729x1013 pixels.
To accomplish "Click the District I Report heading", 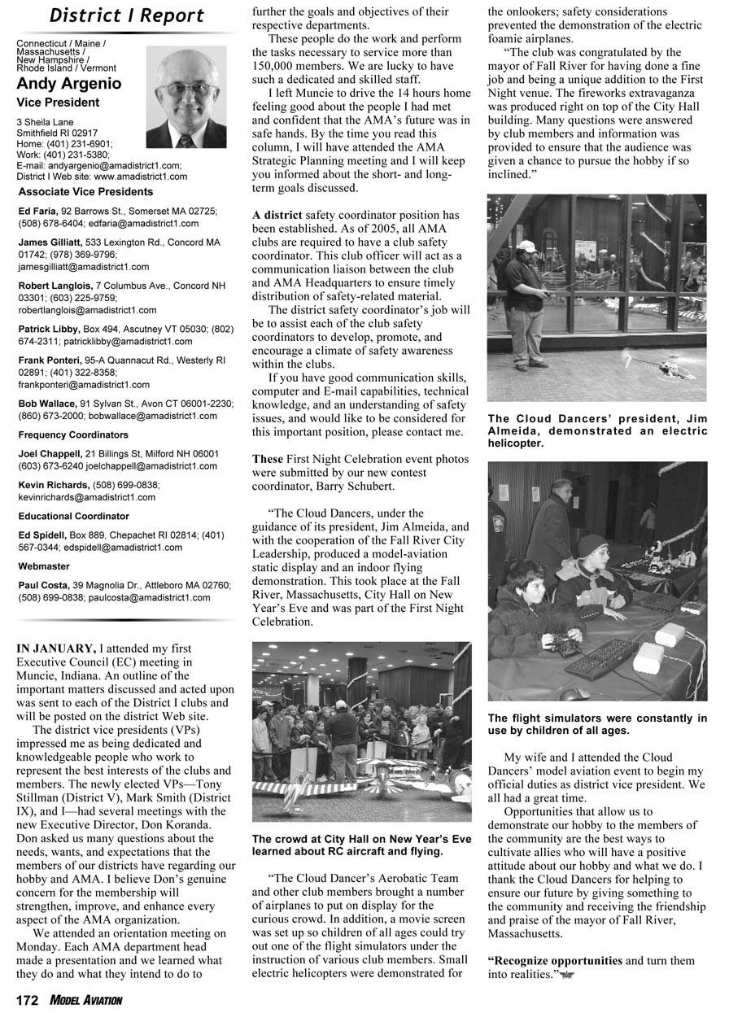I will coord(126,15).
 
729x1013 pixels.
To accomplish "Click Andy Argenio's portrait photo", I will coord(186,96).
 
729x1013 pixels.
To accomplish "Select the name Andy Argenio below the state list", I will coord(69,84).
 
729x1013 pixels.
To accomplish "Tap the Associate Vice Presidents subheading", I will coord(85,192).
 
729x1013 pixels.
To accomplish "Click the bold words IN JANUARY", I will coord(55,648).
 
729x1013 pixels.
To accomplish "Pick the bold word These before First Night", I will coord(268,459).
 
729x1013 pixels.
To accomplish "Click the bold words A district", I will coord(277,215).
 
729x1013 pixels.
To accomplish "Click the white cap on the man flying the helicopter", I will coord(526,246).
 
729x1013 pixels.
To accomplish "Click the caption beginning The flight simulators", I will coord(597,724).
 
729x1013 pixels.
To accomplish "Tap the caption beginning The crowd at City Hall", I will coord(361,845).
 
